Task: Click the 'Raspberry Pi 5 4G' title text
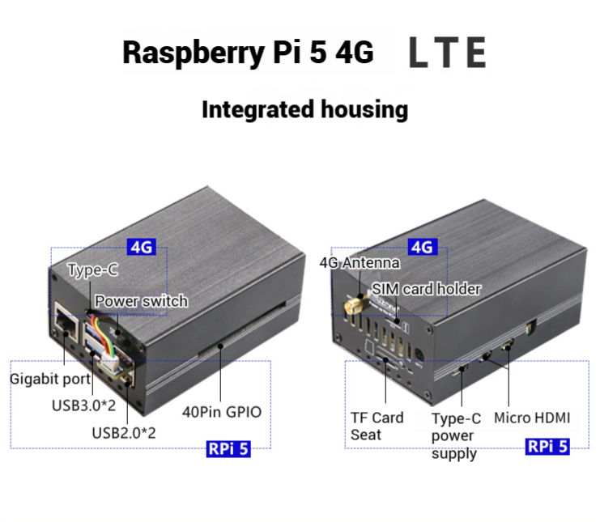pos(248,53)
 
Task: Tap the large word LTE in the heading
pos(447,53)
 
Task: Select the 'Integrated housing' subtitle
pos(304,109)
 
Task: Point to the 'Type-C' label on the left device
pos(92,270)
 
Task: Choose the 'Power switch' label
pos(141,301)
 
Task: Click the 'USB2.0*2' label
pos(123,432)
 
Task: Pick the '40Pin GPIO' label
pos(222,412)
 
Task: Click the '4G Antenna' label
pos(360,262)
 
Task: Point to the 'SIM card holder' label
pos(426,289)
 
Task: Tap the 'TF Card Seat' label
pos(377,427)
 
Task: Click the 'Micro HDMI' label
pos(532,418)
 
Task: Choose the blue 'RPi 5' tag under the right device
pos(547,446)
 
